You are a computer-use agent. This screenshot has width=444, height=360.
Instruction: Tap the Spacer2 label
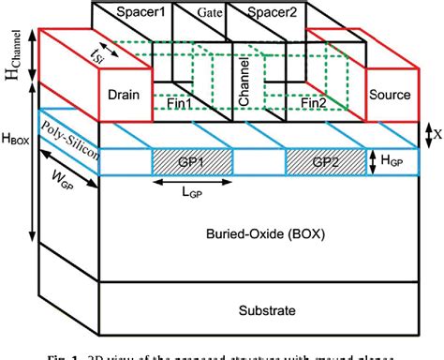pos(263,16)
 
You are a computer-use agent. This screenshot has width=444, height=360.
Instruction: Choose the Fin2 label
pos(316,104)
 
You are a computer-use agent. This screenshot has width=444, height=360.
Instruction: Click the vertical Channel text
pos(243,89)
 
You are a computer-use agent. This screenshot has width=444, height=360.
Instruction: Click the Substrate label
pos(267,310)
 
